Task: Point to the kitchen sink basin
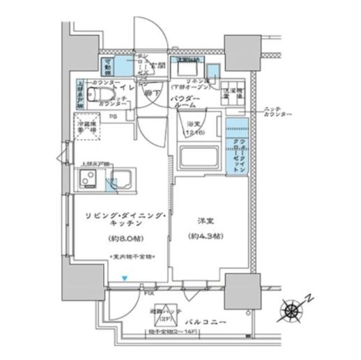point(121,180)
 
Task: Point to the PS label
point(113,117)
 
